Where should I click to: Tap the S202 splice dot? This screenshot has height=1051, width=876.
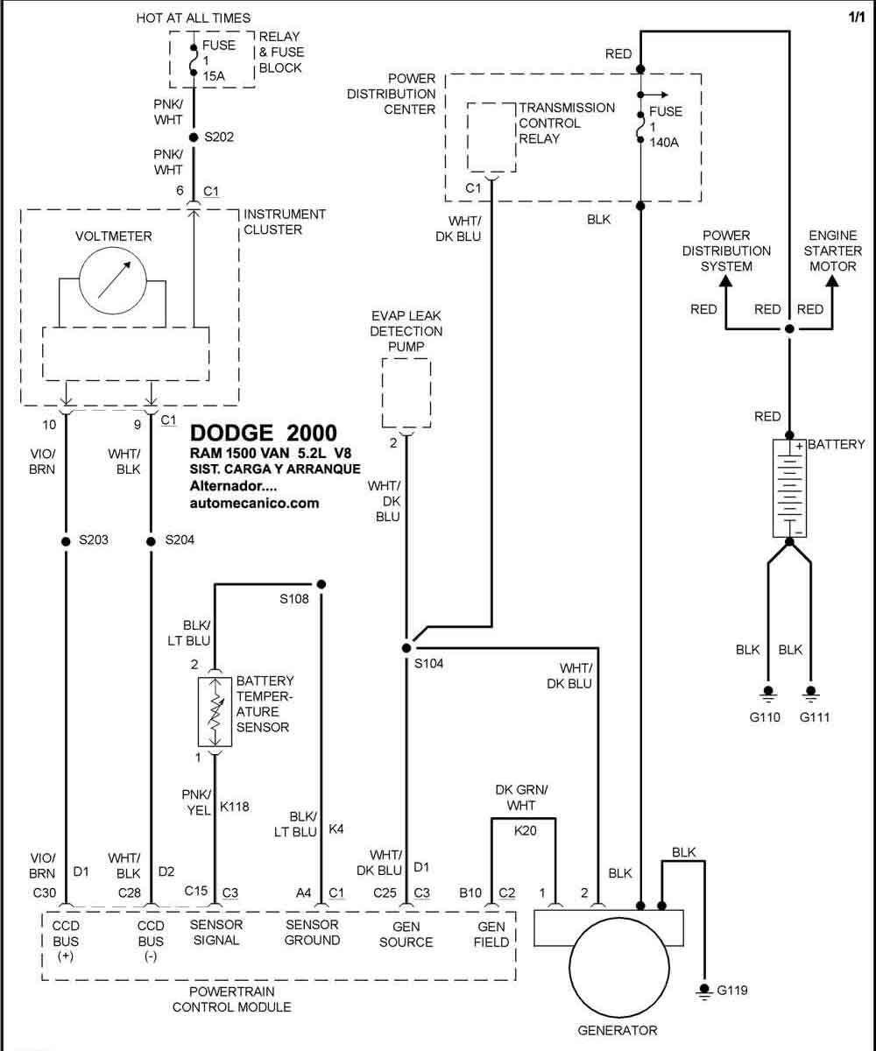coord(194,137)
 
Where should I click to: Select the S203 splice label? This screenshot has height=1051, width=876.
coord(94,540)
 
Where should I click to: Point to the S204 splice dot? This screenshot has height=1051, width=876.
coord(151,541)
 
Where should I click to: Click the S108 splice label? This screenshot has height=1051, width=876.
coord(294,598)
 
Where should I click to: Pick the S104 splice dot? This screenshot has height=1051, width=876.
coord(406,648)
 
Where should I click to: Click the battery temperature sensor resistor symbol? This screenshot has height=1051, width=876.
coord(215,712)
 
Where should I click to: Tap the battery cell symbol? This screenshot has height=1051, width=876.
coord(789,488)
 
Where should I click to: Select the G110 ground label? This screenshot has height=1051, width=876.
coord(765,716)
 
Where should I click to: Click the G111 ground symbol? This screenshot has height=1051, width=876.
coord(810,695)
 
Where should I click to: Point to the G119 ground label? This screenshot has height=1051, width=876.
coord(732,990)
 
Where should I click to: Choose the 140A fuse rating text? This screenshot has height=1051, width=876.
coord(664,143)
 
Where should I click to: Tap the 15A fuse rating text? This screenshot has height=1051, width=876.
coord(214,76)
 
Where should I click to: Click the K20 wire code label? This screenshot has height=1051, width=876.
coord(525,830)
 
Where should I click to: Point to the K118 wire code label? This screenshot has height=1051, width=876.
coord(235,807)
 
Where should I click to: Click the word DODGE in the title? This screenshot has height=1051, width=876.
coord(231,433)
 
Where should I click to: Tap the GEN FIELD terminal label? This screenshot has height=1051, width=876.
coord(491,935)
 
